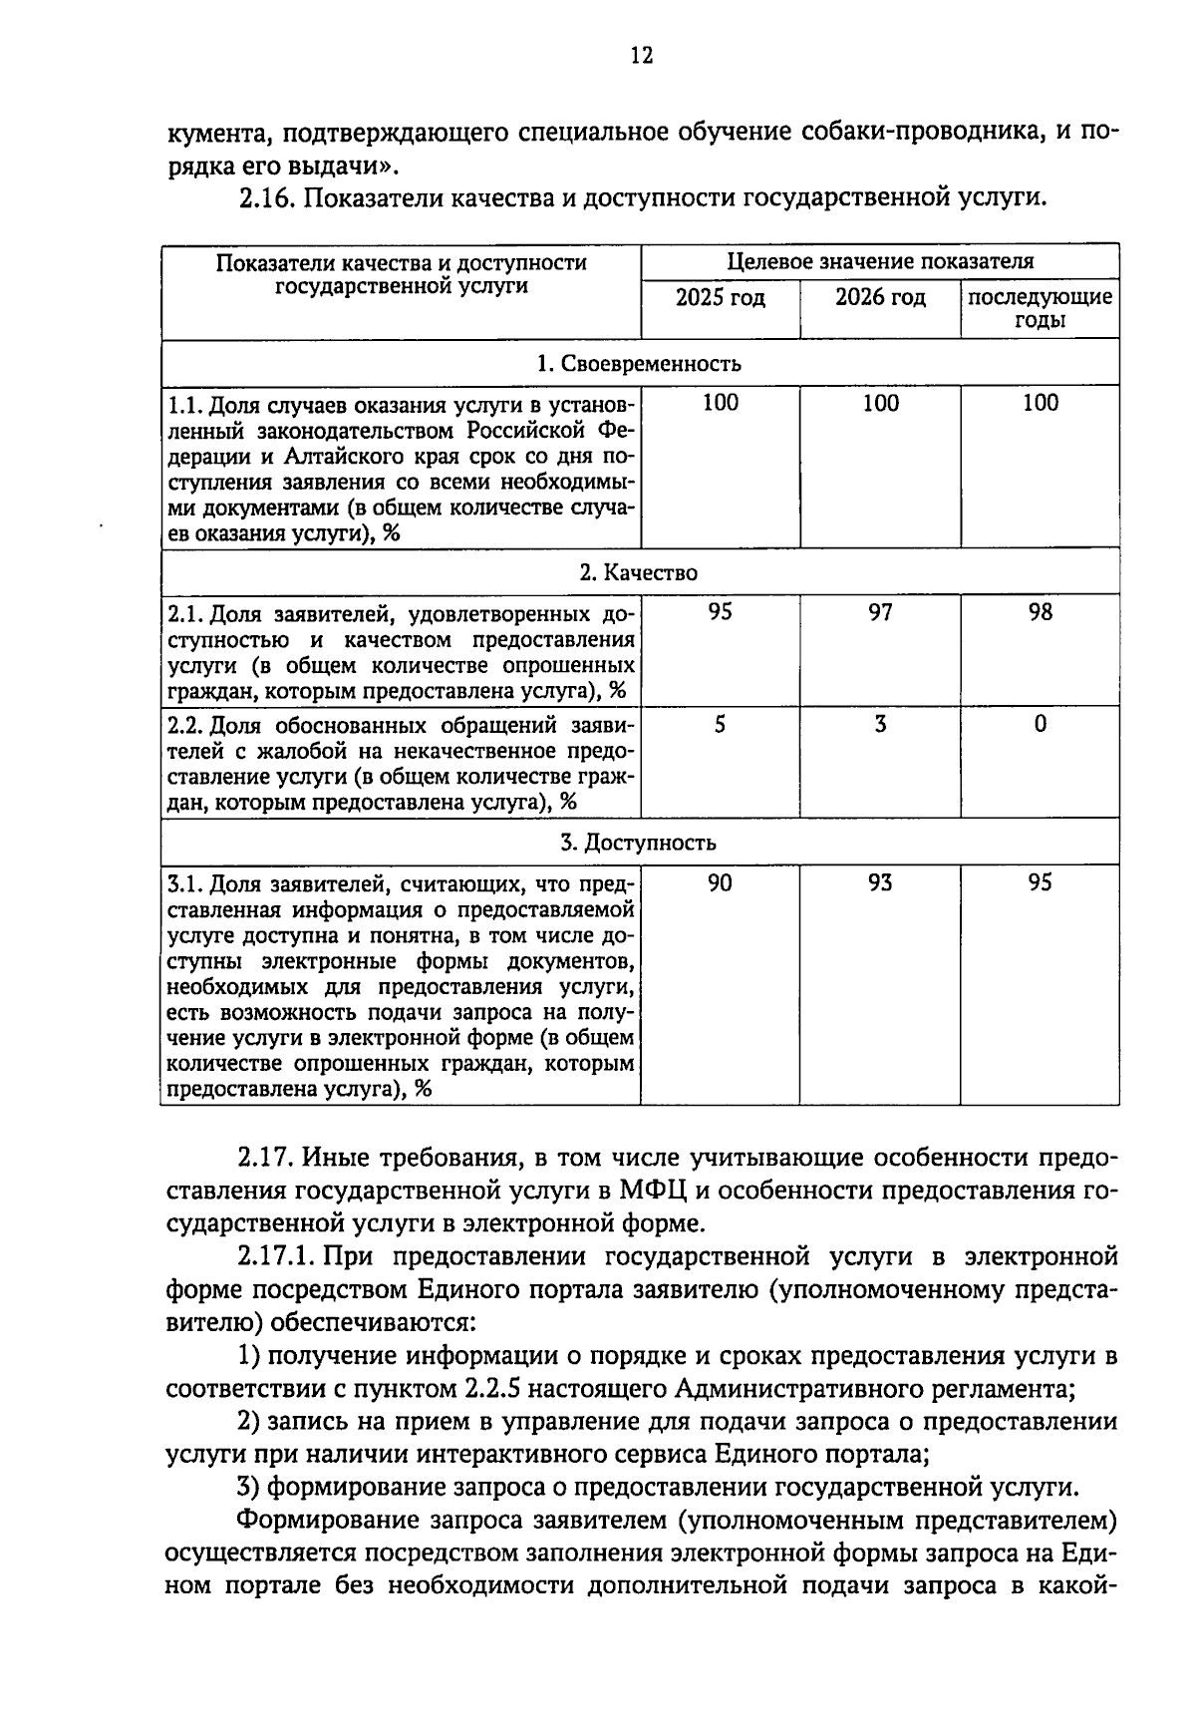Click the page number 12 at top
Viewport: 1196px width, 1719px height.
[641, 56]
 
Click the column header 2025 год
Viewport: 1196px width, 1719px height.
[720, 297]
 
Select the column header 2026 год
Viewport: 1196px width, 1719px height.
[880, 297]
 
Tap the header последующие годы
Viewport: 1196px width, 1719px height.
[1040, 308]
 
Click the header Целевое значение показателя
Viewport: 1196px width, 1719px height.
[880, 261]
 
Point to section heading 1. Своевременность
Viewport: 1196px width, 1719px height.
[639, 363]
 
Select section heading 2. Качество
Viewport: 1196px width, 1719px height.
[639, 572]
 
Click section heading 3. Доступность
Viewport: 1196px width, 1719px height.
[639, 843]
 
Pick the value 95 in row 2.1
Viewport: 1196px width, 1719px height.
[720, 612]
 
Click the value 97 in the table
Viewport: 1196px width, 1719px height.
[880, 612]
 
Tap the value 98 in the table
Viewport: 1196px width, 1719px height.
[1040, 612]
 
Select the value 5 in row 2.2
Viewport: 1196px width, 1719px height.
[720, 725]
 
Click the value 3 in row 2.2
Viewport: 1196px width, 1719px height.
[880, 725]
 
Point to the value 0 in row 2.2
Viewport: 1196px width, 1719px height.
[1040, 725]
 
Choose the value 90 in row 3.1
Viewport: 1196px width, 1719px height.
[720, 882]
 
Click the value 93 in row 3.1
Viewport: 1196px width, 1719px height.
[880, 882]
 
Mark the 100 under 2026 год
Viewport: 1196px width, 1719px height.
[880, 403]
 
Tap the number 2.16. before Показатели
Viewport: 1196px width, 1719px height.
[266, 197]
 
